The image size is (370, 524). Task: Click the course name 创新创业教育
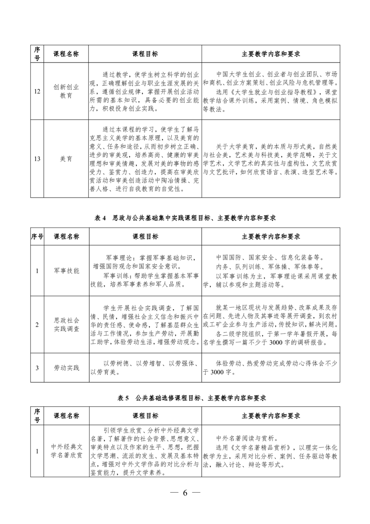(x=66, y=91)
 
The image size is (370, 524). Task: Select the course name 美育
(x=66, y=159)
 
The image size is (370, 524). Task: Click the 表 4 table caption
(x=185, y=218)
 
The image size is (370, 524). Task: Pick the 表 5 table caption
(x=185, y=398)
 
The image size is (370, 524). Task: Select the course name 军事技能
(x=66, y=270)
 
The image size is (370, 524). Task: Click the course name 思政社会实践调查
(x=66, y=325)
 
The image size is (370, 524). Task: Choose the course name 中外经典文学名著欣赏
(x=66, y=451)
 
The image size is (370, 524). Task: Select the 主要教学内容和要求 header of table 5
(x=271, y=415)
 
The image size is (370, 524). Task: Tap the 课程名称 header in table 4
(x=66, y=236)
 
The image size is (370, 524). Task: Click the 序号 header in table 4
(x=37, y=236)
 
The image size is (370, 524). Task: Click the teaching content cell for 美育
(x=271, y=159)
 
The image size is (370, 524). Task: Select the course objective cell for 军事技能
(x=145, y=270)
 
